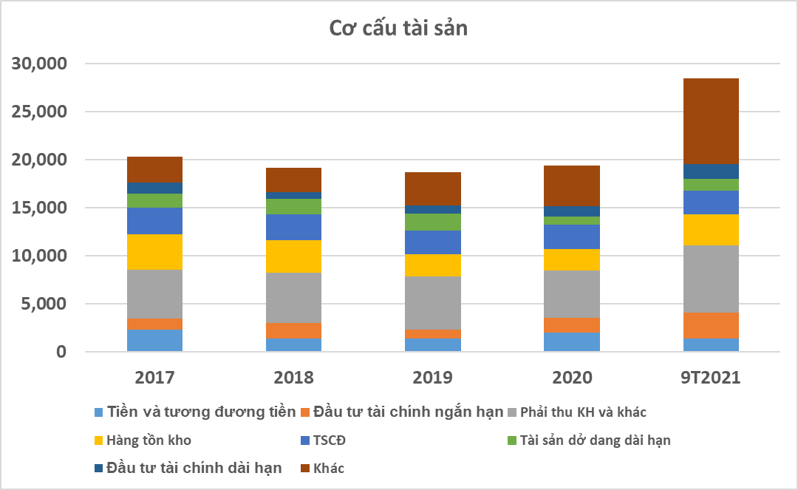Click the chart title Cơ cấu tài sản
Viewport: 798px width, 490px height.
[398, 28]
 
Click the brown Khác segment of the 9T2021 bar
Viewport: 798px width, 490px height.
[711, 121]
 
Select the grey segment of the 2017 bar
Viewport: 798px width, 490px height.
[154, 294]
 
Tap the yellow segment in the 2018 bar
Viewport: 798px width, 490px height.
[293, 256]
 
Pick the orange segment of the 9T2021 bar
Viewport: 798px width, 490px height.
[711, 325]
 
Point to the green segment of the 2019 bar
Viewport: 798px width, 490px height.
[433, 222]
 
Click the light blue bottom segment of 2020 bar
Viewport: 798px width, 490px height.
[572, 342]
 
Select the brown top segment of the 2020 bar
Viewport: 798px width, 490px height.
[572, 186]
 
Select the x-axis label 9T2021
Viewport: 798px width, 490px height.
[711, 378]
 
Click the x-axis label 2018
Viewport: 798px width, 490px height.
[293, 378]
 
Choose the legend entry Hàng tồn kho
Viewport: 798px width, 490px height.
[148, 440]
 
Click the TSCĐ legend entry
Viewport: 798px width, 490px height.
[329, 440]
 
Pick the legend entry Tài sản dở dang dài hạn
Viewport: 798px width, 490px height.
[595, 440]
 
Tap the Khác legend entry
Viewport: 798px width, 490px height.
[328, 468]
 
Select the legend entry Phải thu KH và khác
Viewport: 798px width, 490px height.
[583, 412]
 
